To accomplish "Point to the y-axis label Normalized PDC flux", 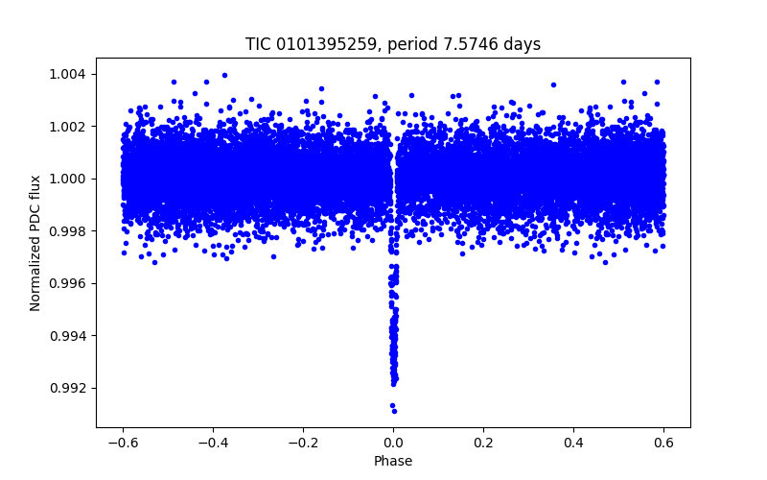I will [x=35, y=242].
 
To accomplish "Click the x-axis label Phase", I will [x=393, y=461].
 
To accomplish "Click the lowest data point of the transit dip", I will [x=394, y=410].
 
